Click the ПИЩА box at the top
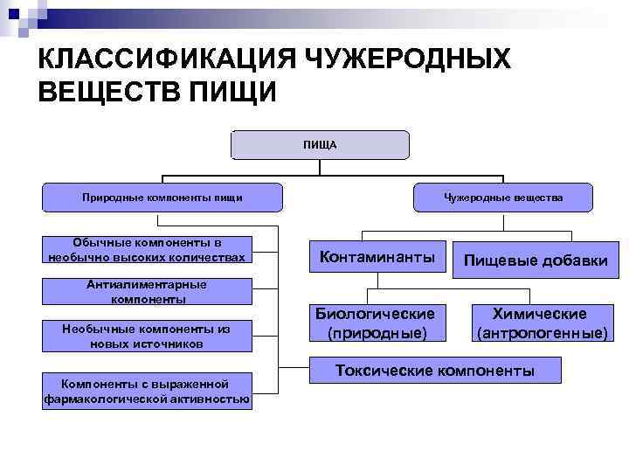(x=320, y=144)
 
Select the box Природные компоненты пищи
(x=162, y=198)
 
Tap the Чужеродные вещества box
(x=503, y=198)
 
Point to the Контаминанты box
(x=377, y=257)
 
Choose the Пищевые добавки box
(x=536, y=260)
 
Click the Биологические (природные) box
(x=375, y=323)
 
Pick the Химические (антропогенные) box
(x=539, y=323)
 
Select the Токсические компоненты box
(x=435, y=371)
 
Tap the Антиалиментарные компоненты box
(x=147, y=292)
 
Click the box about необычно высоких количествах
(x=147, y=250)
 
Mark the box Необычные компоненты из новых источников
(x=147, y=336)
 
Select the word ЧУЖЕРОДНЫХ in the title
(x=408, y=61)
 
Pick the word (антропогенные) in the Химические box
(x=539, y=333)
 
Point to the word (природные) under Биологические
(x=375, y=333)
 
